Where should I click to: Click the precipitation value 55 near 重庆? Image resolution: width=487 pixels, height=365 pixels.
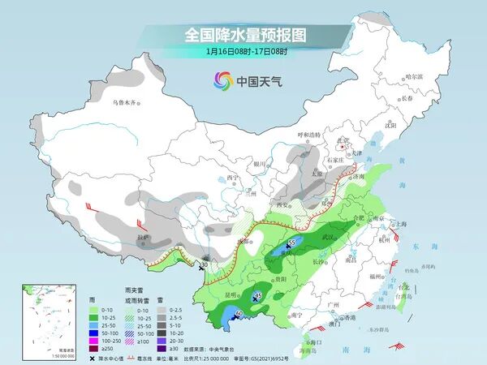pos(292,243)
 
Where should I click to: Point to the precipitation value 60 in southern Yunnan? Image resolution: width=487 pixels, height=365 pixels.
pos(239,314)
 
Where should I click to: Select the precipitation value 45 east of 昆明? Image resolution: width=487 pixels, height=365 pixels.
pos(258,295)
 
